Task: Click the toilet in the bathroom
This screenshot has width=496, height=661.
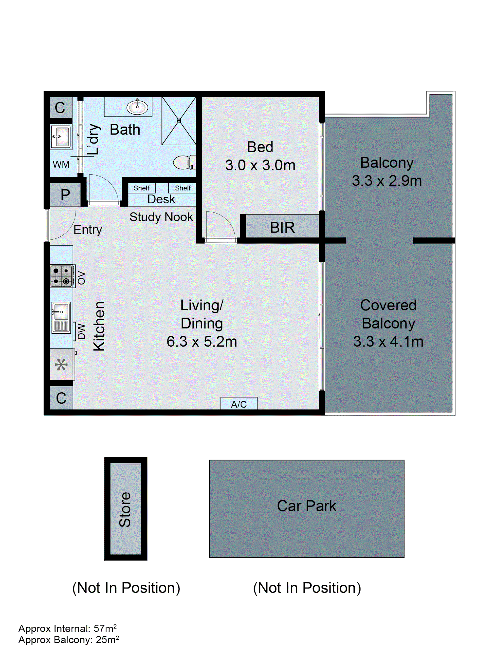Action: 183,162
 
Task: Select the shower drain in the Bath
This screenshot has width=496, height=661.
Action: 179,120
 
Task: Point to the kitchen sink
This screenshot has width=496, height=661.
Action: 61,317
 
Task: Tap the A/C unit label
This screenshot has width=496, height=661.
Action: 239,404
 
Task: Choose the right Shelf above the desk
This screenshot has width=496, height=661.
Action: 183,188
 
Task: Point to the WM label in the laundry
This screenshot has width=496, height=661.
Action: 61,164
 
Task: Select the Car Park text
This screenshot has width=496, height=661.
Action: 306,506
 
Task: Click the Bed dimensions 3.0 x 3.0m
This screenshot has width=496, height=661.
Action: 260,165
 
